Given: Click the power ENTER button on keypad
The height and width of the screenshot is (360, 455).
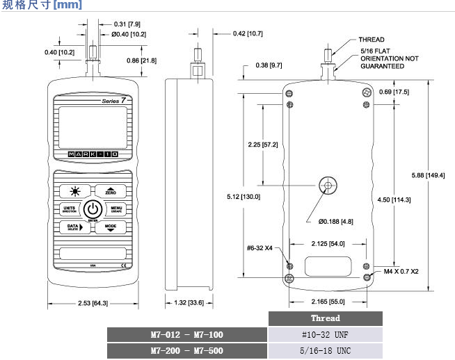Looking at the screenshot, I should coord(93,209).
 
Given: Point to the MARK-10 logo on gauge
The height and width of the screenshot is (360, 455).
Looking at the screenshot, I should coord(92,154).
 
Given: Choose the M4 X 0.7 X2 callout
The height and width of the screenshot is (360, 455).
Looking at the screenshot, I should coord(397,271).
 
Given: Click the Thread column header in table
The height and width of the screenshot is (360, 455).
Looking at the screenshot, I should coord(325,318).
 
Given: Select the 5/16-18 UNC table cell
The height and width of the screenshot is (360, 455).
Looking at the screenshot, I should coord(325,351).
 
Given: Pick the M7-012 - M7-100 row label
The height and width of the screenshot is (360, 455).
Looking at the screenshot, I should coord(188,335).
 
